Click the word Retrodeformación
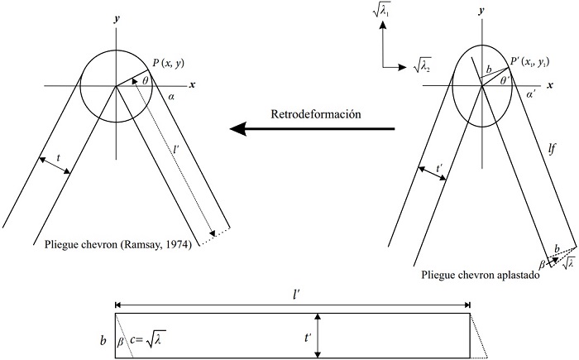point(316,114)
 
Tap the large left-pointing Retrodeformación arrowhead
point(238,128)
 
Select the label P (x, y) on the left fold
point(168,63)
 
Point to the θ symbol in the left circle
point(146,80)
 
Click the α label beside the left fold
point(171,97)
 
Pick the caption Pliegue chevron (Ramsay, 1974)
point(118,245)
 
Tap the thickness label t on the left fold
point(58,158)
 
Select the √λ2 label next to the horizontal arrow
point(422,66)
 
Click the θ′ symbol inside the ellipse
point(505,80)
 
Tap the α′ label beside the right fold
point(531,94)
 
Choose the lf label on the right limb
point(552,149)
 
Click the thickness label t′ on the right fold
point(439,169)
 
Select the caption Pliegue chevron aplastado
point(481,276)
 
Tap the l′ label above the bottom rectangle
point(296,295)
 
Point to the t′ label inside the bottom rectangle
point(308,338)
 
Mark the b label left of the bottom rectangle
point(103,340)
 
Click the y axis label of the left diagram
point(117,19)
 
